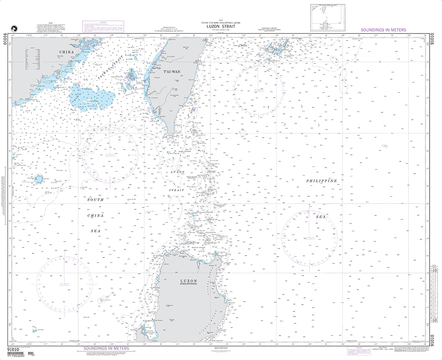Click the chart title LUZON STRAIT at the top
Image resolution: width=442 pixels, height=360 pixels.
pyautogui.click(x=218, y=26)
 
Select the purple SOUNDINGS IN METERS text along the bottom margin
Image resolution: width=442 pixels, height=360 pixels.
pyautogui.click(x=106, y=349)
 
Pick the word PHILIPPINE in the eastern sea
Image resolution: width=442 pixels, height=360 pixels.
pyautogui.click(x=322, y=181)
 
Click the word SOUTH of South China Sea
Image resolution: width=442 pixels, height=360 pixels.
pyautogui.click(x=95, y=200)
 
